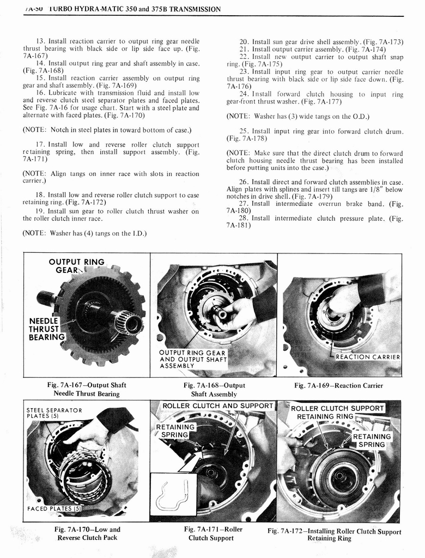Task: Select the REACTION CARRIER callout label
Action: [367, 357]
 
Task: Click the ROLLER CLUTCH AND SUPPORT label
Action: [217, 406]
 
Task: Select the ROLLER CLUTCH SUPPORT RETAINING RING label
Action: [338, 413]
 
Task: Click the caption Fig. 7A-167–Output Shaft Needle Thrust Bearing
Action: [86, 389]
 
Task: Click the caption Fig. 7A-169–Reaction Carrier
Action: [338, 386]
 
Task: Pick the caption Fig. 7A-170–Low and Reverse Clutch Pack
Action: [87, 533]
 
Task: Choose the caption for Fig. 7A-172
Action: [334, 535]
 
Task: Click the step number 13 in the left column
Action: [40, 41]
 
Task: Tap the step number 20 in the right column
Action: [244, 41]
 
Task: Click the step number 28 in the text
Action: [244, 218]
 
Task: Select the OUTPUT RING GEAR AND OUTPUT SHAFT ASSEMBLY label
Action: [192, 359]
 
